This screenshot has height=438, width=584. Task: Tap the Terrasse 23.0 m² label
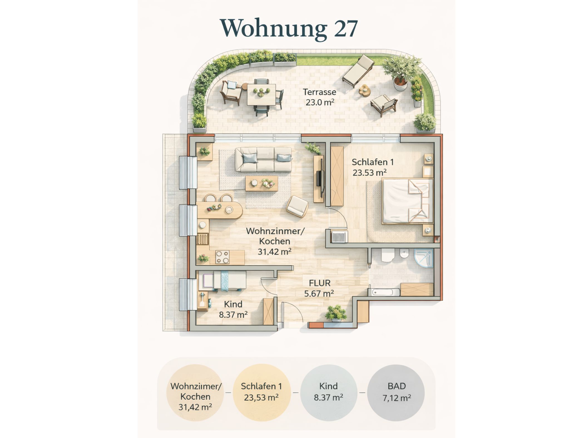320,97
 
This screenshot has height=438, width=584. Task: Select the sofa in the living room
263,159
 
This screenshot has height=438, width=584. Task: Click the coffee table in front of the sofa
261,183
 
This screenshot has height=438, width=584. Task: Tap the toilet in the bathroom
388,255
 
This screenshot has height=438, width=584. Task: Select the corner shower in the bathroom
424,258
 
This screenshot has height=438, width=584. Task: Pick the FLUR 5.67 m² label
319,288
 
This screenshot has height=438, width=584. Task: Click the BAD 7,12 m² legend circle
396,393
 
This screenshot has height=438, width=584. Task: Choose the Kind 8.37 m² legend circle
329,393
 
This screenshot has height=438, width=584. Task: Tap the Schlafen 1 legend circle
262,393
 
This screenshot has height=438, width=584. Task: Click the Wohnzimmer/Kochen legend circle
195,393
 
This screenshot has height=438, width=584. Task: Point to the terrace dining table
261,95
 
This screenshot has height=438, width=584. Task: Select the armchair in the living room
297,206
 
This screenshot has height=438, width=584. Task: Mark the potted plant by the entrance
336,313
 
